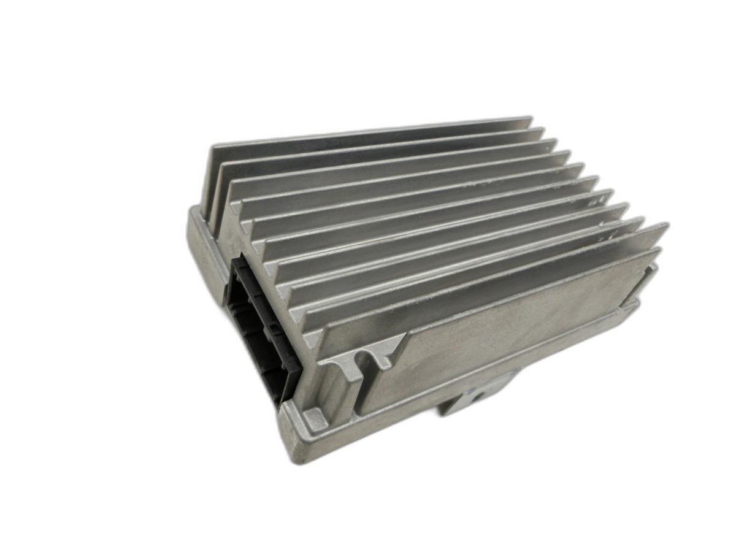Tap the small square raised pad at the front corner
tap(314, 420)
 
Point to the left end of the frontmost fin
tap(319, 343)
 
